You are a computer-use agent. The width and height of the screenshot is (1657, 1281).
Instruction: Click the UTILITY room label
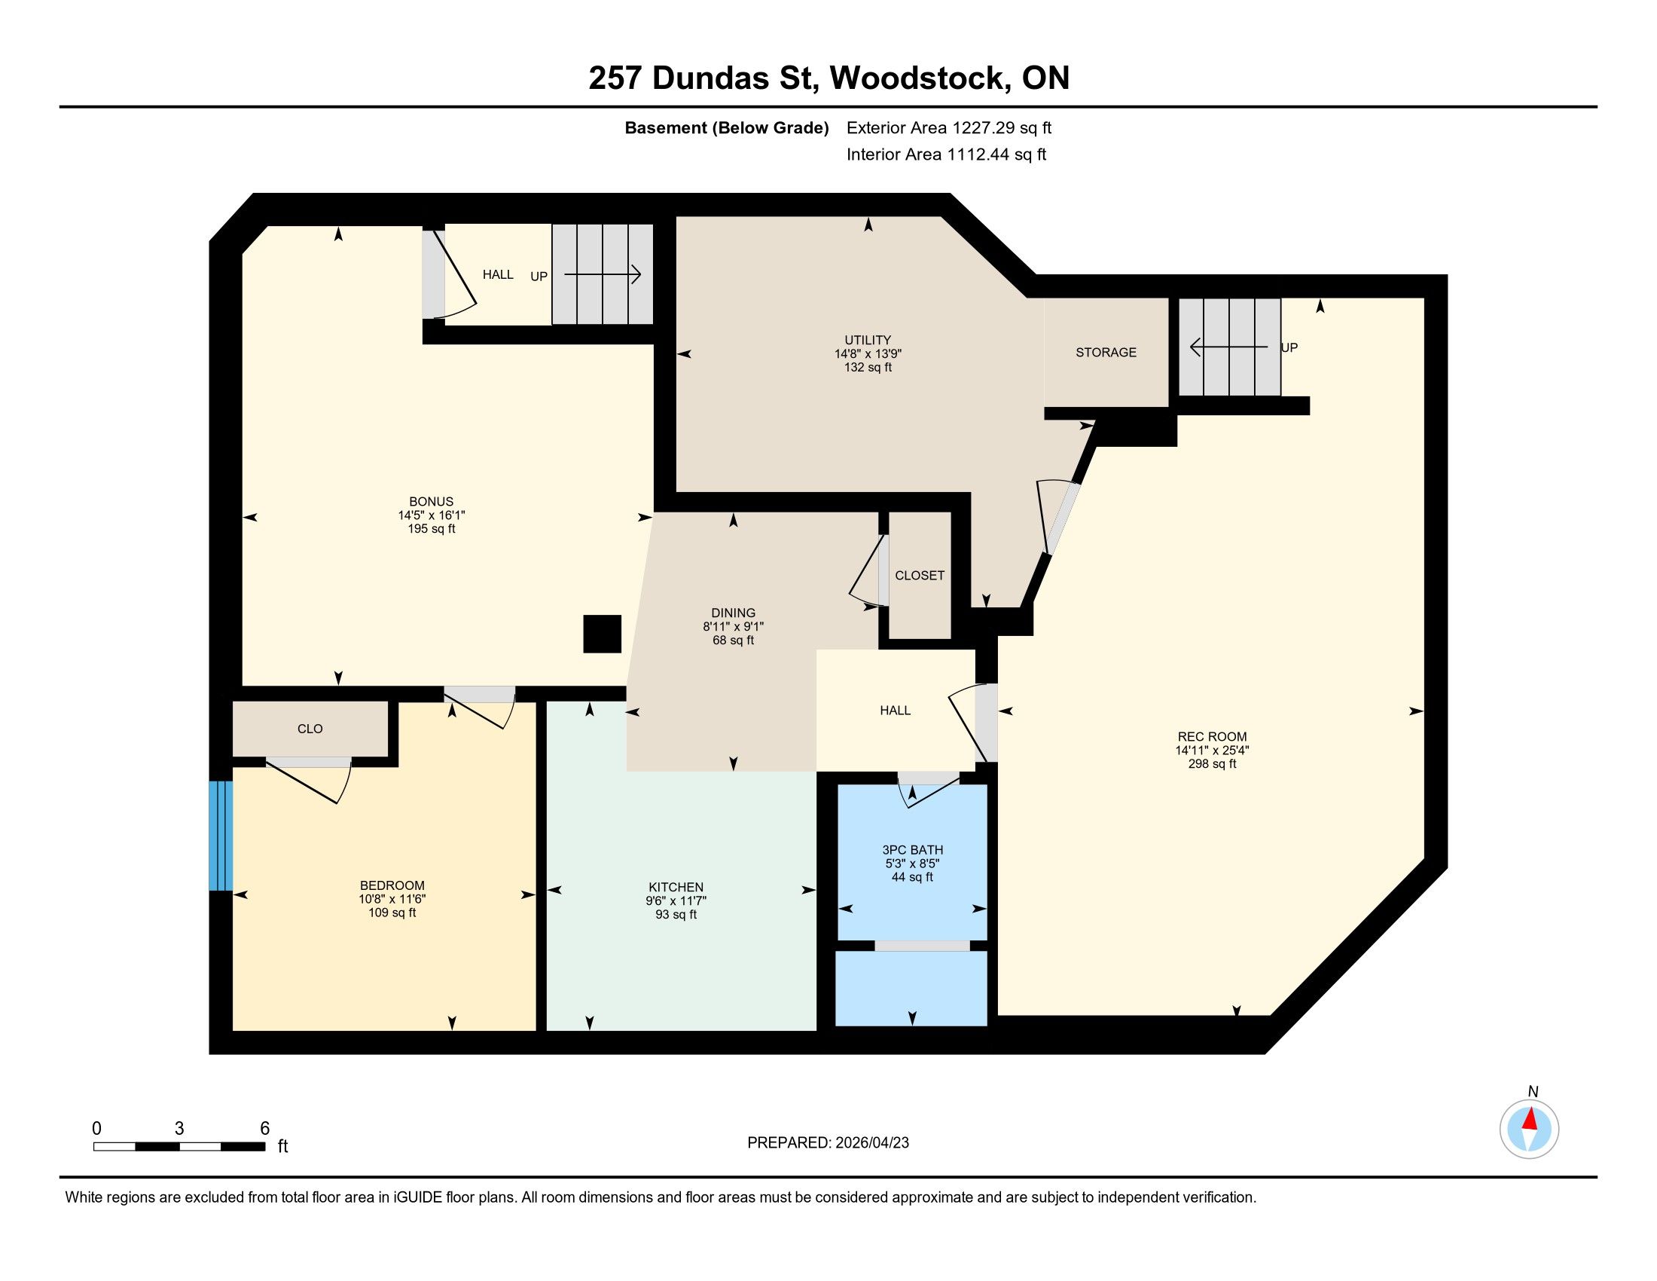pyautogui.click(x=868, y=340)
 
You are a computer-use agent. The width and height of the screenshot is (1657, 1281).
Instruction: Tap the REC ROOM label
pyautogui.click(x=1212, y=736)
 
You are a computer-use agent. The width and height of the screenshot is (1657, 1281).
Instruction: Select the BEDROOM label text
pyautogui.click(x=392, y=885)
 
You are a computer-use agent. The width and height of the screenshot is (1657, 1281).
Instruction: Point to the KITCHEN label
pyautogui.click(x=676, y=887)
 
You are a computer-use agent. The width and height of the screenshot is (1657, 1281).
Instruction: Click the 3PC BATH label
pyautogui.click(x=913, y=850)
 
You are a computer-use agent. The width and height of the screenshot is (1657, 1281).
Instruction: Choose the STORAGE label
pyautogui.click(x=1106, y=352)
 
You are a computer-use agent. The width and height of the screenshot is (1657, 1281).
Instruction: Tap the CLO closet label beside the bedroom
pyautogui.click(x=310, y=729)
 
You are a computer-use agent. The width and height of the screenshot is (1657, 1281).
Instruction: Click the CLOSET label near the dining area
pyautogui.click(x=920, y=575)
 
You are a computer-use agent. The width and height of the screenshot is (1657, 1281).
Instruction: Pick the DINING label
pyautogui.click(x=734, y=613)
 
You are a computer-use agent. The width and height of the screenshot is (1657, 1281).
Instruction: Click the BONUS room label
pyautogui.click(x=431, y=502)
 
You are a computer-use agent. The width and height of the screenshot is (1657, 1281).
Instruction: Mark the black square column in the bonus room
pyautogui.click(x=603, y=634)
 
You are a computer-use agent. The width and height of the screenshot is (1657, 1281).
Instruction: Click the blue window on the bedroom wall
pyautogui.click(x=220, y=836)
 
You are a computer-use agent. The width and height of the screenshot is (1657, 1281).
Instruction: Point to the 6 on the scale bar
pyautogui.click(x=265, y=1129)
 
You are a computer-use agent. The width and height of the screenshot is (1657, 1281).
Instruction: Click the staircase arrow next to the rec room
pyautogui.click(x=1228, y=347)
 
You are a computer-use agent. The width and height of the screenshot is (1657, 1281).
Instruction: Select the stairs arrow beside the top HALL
pyautogui.click(x=603, y=275)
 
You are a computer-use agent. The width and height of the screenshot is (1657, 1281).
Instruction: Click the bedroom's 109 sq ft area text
pyautogui.click(x=392, y=913)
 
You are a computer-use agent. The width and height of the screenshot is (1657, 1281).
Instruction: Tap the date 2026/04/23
pyautogui.click(x=870, y=1143)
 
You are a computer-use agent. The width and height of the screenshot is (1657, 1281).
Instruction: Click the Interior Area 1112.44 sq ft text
pyautogui.click(x=946, y=154)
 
